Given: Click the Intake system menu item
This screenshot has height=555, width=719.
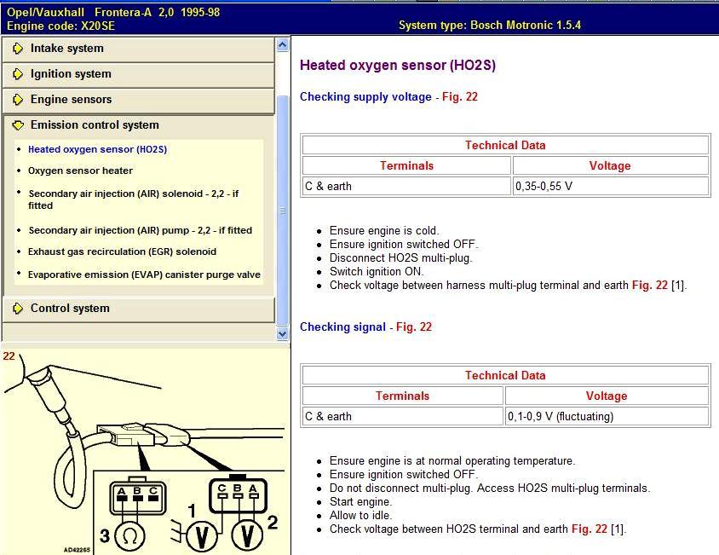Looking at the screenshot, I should pyautogui.click(x=67, y=49).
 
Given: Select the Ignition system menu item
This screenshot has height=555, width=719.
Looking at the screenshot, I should pyautogui.click(x=71, y=74).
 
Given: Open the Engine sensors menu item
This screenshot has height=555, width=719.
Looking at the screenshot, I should pyautogui.click(x=71, y=100).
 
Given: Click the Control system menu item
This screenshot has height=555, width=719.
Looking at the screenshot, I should pyautogui.click(x=70, y=309).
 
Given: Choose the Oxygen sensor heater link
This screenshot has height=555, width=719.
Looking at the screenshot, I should pyautogui.click(x=80, y=171).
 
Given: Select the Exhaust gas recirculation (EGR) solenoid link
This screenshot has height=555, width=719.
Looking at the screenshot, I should pyautogui.click(x=122, y=251).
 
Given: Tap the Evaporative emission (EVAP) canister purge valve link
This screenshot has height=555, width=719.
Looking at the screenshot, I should pyautogui.click(x=144, y=275).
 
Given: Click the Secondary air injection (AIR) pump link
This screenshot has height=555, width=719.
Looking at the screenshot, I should pyautogui.click(x=140, y=230).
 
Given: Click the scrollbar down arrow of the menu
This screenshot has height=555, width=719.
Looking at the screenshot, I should pyautogui.click(x=283, y=334).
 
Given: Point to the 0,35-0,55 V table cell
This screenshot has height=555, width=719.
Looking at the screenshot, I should pyautogui.click(x=611, y=186).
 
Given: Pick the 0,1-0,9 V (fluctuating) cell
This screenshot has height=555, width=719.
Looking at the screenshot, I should pyautogui.click(x=607, y=416).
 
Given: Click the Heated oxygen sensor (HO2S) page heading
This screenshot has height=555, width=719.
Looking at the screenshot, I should pyautogui.click(x=397, y=66).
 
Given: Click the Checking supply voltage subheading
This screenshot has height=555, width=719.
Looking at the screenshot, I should pyautogui.click(x=365, y=97).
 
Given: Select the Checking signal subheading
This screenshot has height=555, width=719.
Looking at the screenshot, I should pyautogui.click(x=342, y=327).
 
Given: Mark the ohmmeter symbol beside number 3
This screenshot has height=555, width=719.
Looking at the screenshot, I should pyautogui.click(x=131, y=535).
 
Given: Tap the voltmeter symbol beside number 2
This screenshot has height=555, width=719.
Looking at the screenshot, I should pyautogui.click(x=248, y=535).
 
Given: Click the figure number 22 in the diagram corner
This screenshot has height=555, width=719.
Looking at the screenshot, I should pyautogui.click(x=9, y=356).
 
